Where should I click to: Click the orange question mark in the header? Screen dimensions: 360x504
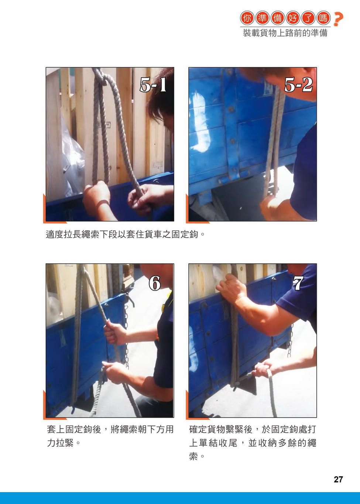point(338,19)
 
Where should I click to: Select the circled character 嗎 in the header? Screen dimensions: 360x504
point(323,18)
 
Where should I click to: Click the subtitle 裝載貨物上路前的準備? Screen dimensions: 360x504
point(285,33)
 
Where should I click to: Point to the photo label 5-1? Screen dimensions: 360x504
point(153,85)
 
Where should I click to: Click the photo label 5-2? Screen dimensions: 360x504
point(298,85)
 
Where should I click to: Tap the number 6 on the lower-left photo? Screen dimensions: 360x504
point(155,283)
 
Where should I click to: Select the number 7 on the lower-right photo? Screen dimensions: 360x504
point(298,283)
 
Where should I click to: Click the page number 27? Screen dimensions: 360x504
point(338,479)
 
